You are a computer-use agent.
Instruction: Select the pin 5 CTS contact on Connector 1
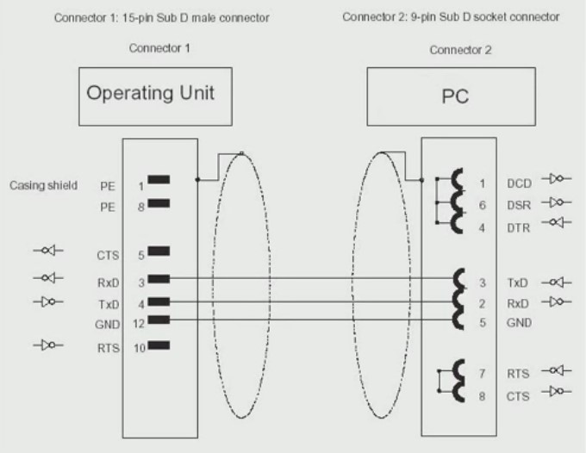[158, 252]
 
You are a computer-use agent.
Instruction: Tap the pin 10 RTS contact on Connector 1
[158, 345]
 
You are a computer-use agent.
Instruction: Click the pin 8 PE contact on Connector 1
[158, 204]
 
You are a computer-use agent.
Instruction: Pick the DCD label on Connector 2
[519, 183]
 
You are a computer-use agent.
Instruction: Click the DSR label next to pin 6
[519, 205]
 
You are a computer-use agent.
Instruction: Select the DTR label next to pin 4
[519, 227]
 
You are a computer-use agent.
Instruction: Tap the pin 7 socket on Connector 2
[457, 373]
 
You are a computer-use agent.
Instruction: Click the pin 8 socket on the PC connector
[457, 395]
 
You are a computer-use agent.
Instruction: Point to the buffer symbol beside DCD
[557, 180]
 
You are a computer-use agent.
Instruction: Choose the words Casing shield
[43, 184]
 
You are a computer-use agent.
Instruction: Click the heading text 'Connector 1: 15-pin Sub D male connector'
[161, 17]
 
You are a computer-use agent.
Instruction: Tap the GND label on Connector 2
[519, 324]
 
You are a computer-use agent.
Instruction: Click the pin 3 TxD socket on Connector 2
[457, 280]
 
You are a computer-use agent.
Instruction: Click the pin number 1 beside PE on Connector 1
[140, 185]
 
